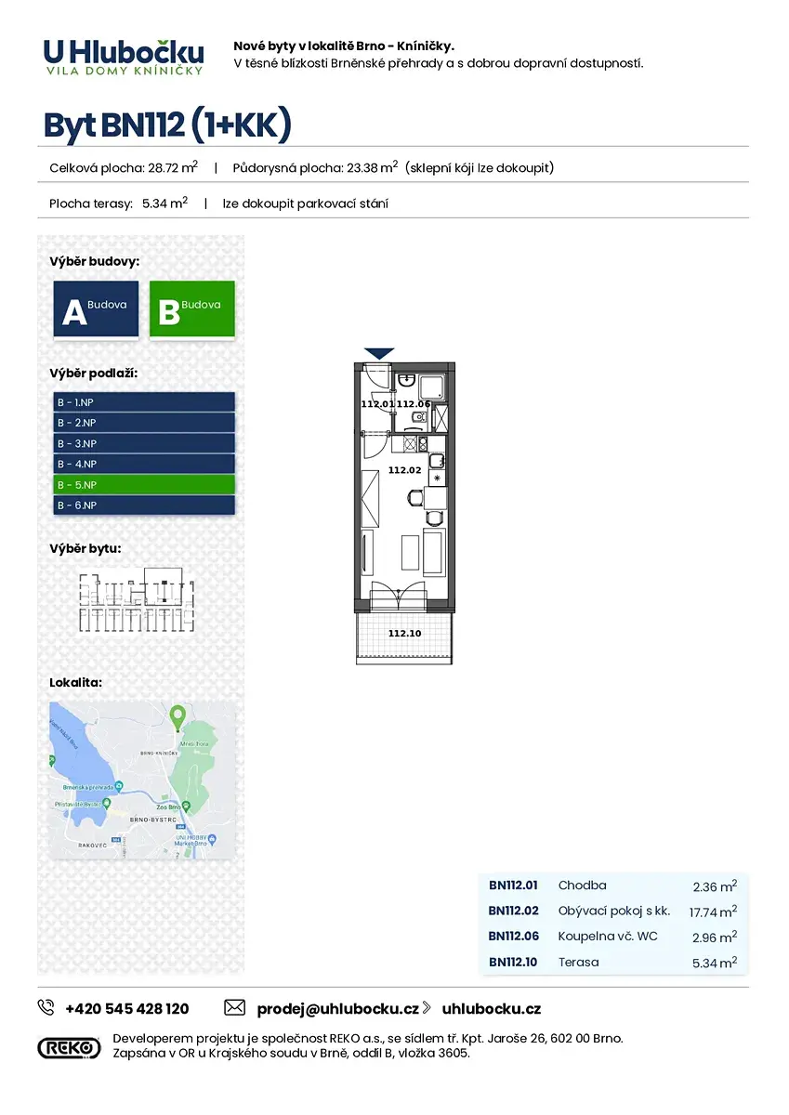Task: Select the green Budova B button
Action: coord(191,310)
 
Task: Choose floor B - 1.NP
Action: coord(144,402)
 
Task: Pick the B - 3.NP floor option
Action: coord(144,443)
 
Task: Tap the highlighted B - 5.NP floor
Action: coord(144,484)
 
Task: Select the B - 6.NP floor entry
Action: coord(144,505)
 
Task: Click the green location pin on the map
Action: coord(178,716)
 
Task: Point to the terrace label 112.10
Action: coord(404,634)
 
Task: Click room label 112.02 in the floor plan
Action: coord(404,470)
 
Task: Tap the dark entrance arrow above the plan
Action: coord(379,353)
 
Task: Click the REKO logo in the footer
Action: coord(69,1047)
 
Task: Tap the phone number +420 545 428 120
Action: coord(126,1008)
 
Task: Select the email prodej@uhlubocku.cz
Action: coord(336,1008)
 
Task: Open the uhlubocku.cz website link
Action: coord(491,1008)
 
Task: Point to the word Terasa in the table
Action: coord(578,962)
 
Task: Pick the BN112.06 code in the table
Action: coord(513,936)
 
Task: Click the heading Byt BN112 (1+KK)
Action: coord(167,125)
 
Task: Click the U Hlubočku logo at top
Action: coord(123,56)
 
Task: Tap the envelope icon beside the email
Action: coord(234,1008)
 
